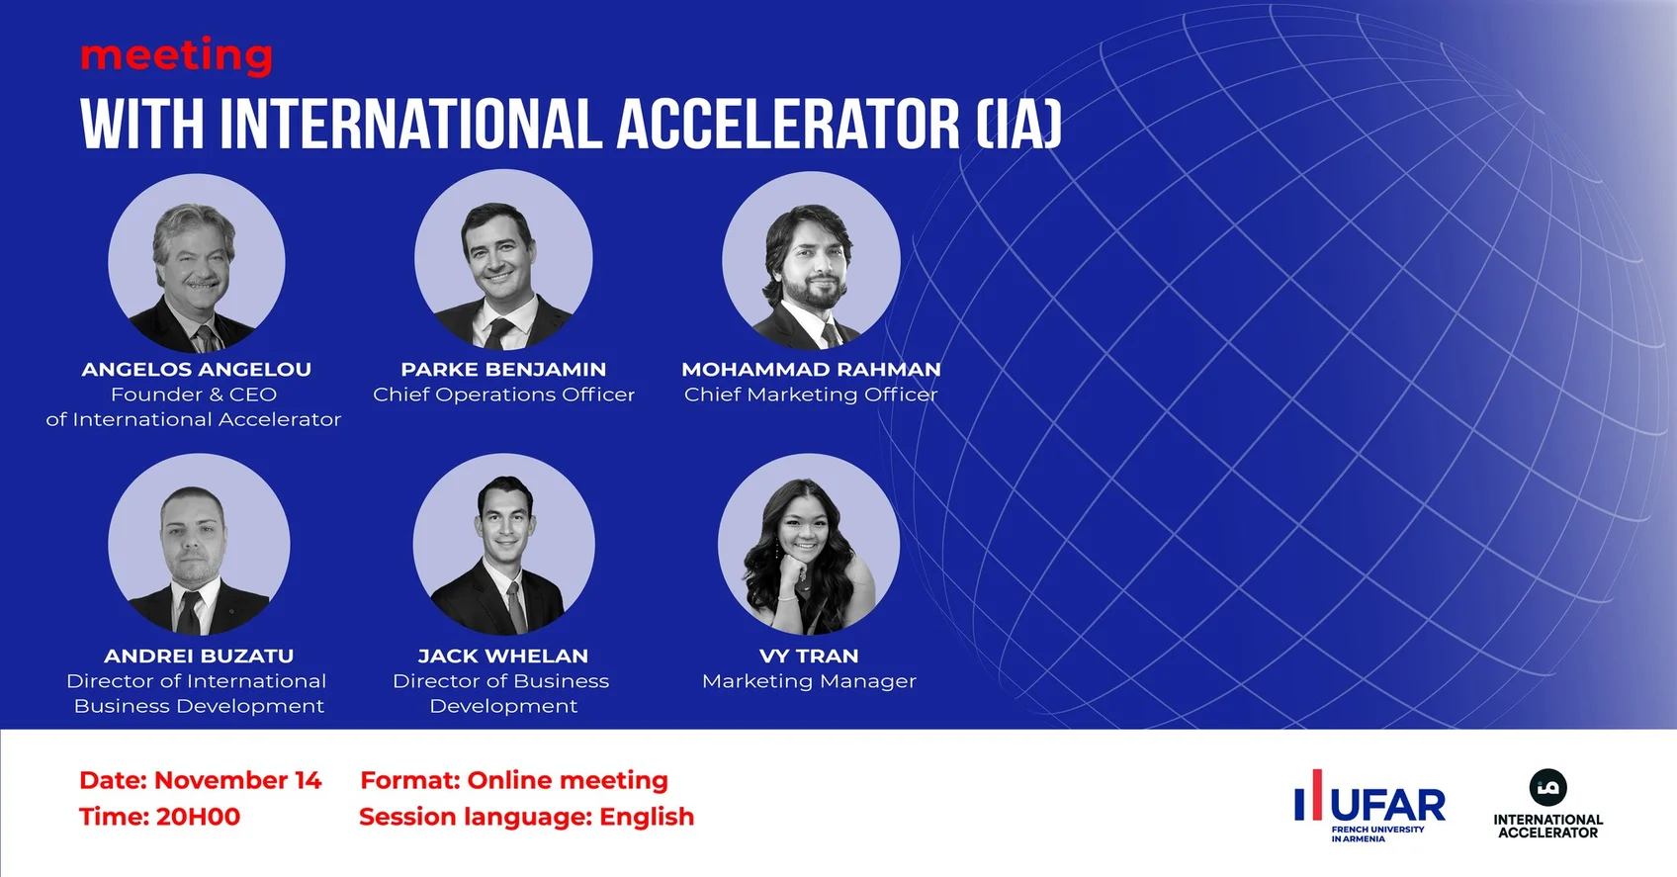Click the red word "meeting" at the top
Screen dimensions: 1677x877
[x=177, y=56]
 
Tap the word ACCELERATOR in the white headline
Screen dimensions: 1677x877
[x=788, y=125]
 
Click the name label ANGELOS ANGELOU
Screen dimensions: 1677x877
[x=196, y=369]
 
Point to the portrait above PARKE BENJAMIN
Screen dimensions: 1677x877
[x=504, y=260]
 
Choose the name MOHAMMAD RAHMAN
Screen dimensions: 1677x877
[x=811, y=369]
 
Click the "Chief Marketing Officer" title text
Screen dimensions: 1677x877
[x=811, y=395]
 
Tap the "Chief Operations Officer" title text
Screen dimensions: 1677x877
[x=504, y=395]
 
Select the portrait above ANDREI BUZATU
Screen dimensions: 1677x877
[x=199, y=545]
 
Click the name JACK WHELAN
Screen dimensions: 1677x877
[x=503, y=656]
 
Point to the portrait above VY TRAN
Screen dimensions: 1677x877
[x=809, y=545]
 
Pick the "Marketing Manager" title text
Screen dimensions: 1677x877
[x=809, y=681]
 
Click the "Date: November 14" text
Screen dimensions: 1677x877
[x=201, y=780]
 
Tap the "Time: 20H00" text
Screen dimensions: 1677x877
[x=160, y=817]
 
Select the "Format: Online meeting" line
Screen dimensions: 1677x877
[x=514, y=780]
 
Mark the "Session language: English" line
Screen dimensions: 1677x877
[x=527, y=817]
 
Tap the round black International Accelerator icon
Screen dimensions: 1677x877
[x=1547, y=788]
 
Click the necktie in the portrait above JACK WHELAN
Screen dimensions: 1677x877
[x=516, y=605]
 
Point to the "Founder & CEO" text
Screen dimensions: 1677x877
[x=194, y=395]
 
